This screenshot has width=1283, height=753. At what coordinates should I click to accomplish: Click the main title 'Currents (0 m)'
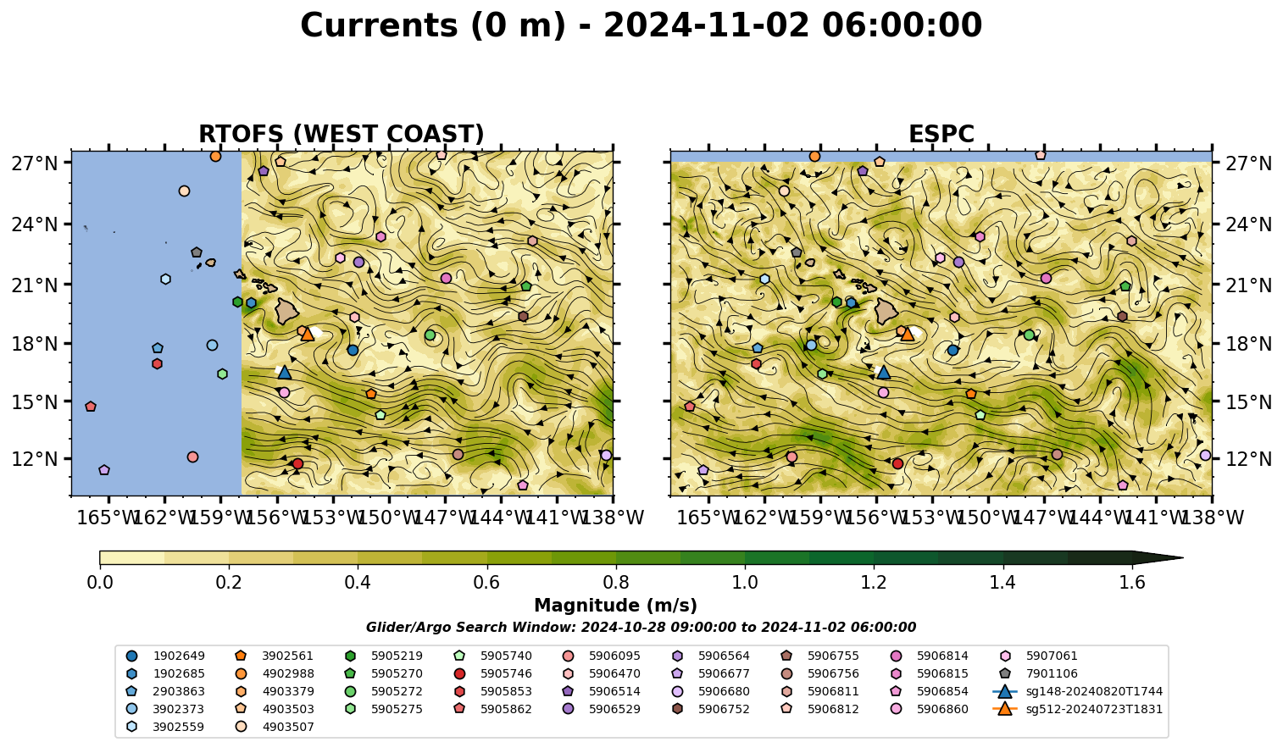(433, 26)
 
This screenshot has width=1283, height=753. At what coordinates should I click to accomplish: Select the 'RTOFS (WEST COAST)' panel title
(342, 134)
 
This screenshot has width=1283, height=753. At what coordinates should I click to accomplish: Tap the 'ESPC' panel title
(941, 134)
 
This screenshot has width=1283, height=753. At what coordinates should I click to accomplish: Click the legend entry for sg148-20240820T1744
(1077, 691)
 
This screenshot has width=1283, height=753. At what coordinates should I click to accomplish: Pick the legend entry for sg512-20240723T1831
(1077, 709)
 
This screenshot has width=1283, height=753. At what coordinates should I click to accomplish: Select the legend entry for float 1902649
(165, 656)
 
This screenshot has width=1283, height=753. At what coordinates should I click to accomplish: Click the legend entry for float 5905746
(496, 673)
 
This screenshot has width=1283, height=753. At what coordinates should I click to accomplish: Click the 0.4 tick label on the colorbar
(358, 583)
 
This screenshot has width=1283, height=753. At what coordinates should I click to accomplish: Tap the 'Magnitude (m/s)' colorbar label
(616, 606)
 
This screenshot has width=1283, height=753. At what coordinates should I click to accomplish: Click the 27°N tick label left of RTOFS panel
(35, 163)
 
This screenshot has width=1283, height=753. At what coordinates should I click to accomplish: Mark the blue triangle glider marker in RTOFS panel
(285, 372)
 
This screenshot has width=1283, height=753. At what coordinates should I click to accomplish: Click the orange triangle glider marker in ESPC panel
(908, 334)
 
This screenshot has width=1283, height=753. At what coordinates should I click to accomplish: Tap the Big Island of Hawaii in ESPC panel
(886, 311)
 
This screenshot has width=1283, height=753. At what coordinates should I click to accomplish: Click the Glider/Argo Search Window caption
(641, 627)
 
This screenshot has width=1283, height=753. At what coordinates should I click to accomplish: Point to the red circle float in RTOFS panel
(297, 463)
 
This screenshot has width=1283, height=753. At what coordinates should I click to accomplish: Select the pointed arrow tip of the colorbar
(1182, 557)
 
